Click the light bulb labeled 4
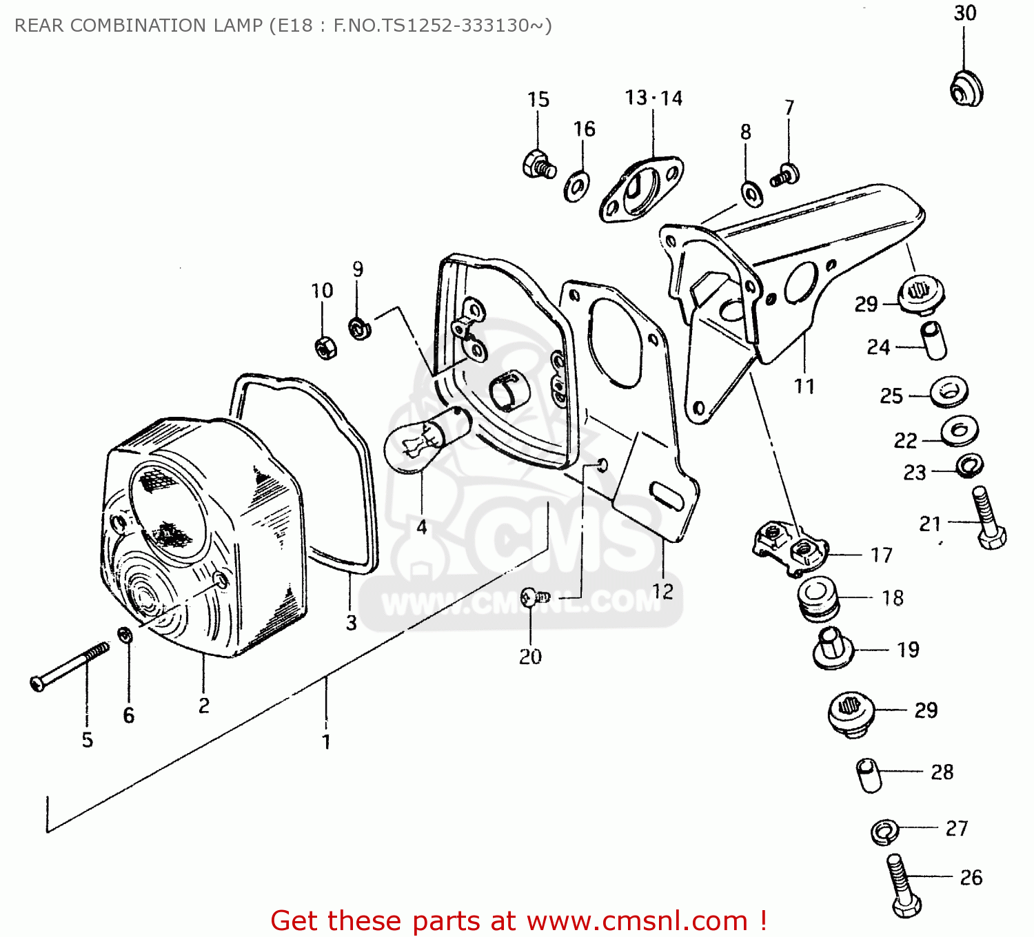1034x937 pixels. point(422,442)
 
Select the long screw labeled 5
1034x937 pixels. point(69,666)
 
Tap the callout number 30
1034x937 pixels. point(964,13)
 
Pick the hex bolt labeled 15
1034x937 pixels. point(538,165)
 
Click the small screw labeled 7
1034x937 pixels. point(785,175)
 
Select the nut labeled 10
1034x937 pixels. point(325,348)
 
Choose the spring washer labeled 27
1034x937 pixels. point(884,832)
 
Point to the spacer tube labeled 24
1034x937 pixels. point(933,340)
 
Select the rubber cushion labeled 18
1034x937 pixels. point(818,598)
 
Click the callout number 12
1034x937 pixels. point(662,591)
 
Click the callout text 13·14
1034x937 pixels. point(653,99)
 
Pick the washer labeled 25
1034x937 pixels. point(949,392)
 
